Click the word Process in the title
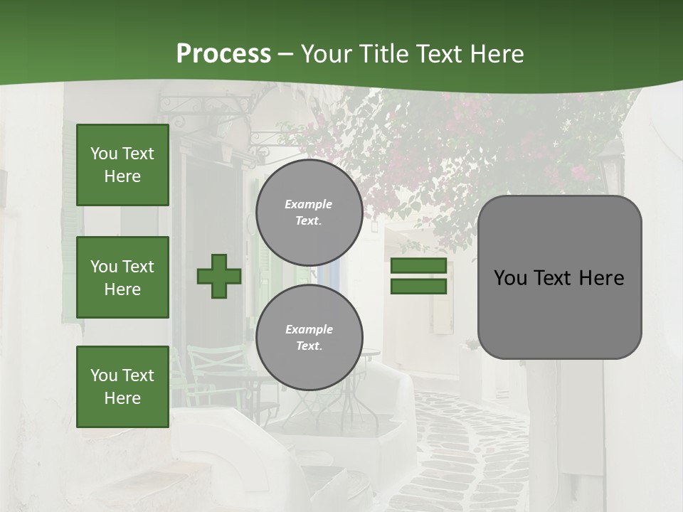223,54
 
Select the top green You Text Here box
122,165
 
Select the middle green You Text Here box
122,277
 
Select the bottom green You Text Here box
122,387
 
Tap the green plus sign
219,276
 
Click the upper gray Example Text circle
309,213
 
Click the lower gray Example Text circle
309,338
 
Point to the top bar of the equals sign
418,266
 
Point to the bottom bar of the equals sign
418,286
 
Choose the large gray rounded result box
559,277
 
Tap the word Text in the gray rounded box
558,278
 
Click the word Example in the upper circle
309,204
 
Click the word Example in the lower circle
309,329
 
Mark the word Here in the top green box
122,176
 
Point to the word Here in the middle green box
122,289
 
